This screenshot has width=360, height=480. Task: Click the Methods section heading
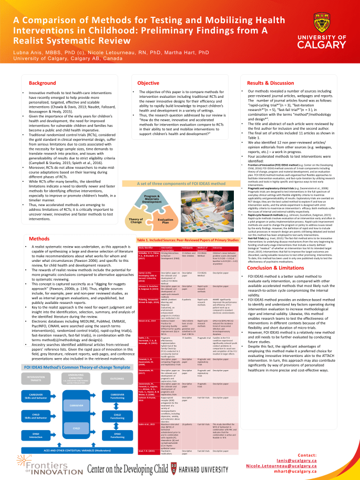[x=39, y=239]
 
